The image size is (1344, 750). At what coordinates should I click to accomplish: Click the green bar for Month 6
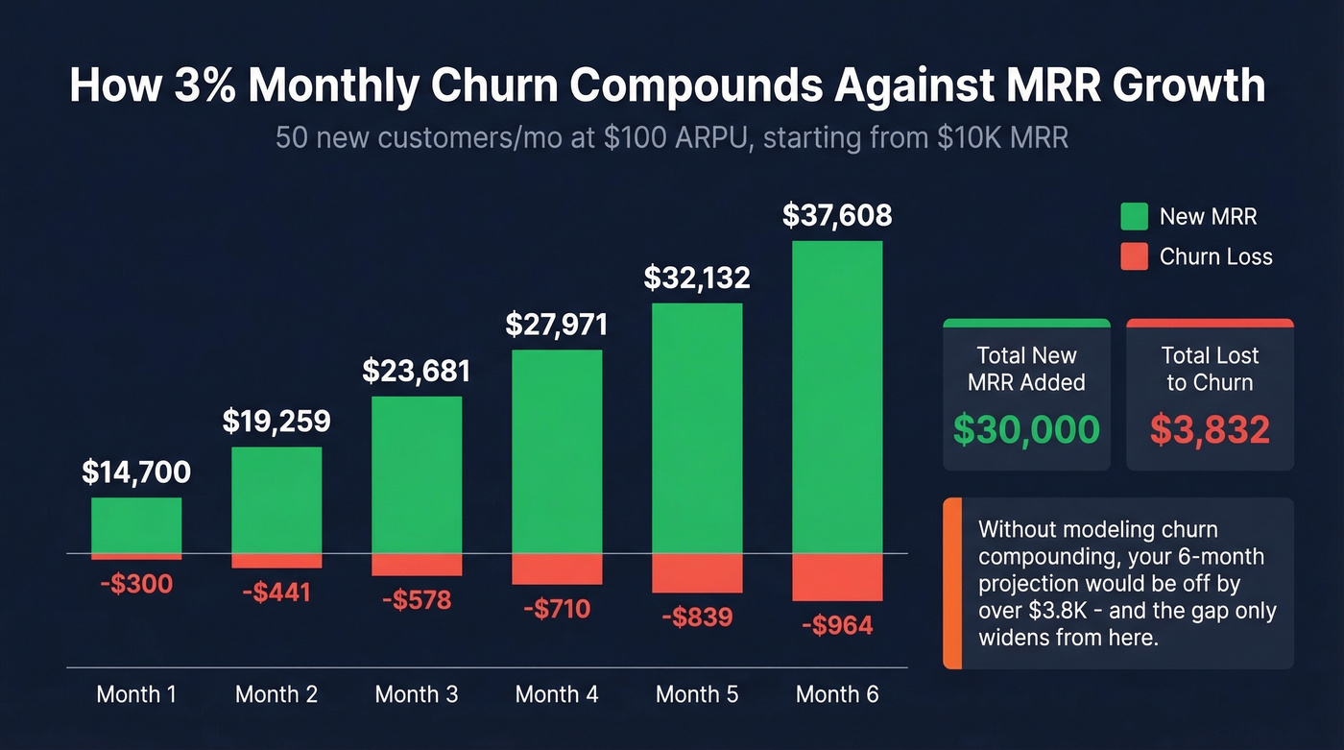coord(837,397)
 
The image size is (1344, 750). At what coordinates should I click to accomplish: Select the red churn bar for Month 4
coord(557,569)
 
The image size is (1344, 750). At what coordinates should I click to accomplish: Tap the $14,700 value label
coord(136,472)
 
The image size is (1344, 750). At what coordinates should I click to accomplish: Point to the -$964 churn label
coord(837,626)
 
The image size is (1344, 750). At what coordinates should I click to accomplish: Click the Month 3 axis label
coord(417,694)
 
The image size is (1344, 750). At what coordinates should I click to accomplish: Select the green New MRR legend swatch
coord(1135,216)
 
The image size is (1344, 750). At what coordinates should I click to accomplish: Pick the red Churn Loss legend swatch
coord(1135,256)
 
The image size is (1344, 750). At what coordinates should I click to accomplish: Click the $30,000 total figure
coord(1026,429)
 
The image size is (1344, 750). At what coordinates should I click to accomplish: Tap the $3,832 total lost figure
coord(1210,429)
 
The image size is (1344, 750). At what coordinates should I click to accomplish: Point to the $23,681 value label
coord(417,371)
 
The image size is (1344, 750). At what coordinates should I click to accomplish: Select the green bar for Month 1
coord(136,525)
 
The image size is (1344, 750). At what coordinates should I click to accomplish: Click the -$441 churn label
coord(276,593)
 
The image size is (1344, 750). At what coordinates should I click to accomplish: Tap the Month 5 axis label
coord(697,694)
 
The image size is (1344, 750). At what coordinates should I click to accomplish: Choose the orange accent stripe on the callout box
coord(952,583)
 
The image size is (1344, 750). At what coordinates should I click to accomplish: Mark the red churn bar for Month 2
coord(276,561)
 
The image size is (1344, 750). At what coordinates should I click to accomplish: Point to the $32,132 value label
coord(697,278)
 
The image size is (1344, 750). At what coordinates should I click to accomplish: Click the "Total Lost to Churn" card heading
coord(1210,369)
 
